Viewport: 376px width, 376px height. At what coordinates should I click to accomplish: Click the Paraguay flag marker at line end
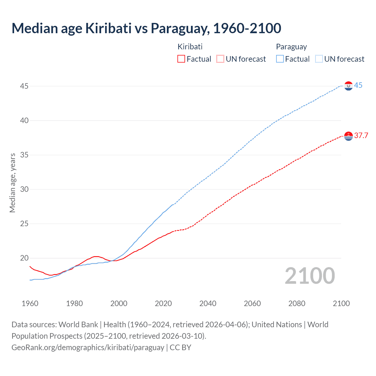[348, 86]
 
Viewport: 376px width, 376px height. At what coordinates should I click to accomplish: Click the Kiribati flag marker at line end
[348, 136]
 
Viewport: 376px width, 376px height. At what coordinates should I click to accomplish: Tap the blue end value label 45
[358, 85]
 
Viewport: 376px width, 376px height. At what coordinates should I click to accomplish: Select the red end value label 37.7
[361, 135]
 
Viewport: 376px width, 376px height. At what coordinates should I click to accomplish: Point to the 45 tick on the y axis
[24, 86]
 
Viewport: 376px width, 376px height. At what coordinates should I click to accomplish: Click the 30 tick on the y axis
[24, 189]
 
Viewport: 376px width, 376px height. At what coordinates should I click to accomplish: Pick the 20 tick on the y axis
[24, 258]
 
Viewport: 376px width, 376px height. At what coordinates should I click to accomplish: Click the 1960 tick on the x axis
[30, 303]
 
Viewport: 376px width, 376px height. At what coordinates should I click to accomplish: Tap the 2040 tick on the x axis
[208, 303]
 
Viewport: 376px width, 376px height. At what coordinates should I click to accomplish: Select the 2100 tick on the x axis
[341, 303]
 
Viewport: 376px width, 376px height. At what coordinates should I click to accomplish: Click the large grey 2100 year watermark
[310, 276]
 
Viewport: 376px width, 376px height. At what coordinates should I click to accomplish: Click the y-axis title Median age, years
[12, 183]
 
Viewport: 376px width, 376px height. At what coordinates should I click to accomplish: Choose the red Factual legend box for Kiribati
[181, 59]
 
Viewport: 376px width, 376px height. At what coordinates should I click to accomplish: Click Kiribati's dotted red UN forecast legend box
[220, 59]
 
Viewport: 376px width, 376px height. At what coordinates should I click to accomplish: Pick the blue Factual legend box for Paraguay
[280, 59]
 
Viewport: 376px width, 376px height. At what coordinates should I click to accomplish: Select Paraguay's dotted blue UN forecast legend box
[319, 59]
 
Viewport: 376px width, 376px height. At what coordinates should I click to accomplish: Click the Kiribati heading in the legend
[190, 47]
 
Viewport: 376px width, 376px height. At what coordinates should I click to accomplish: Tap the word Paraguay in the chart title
[180, 28]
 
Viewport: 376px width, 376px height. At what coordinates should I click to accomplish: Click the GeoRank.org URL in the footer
[88, 348]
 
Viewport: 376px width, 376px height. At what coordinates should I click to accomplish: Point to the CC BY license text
[180, 348]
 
